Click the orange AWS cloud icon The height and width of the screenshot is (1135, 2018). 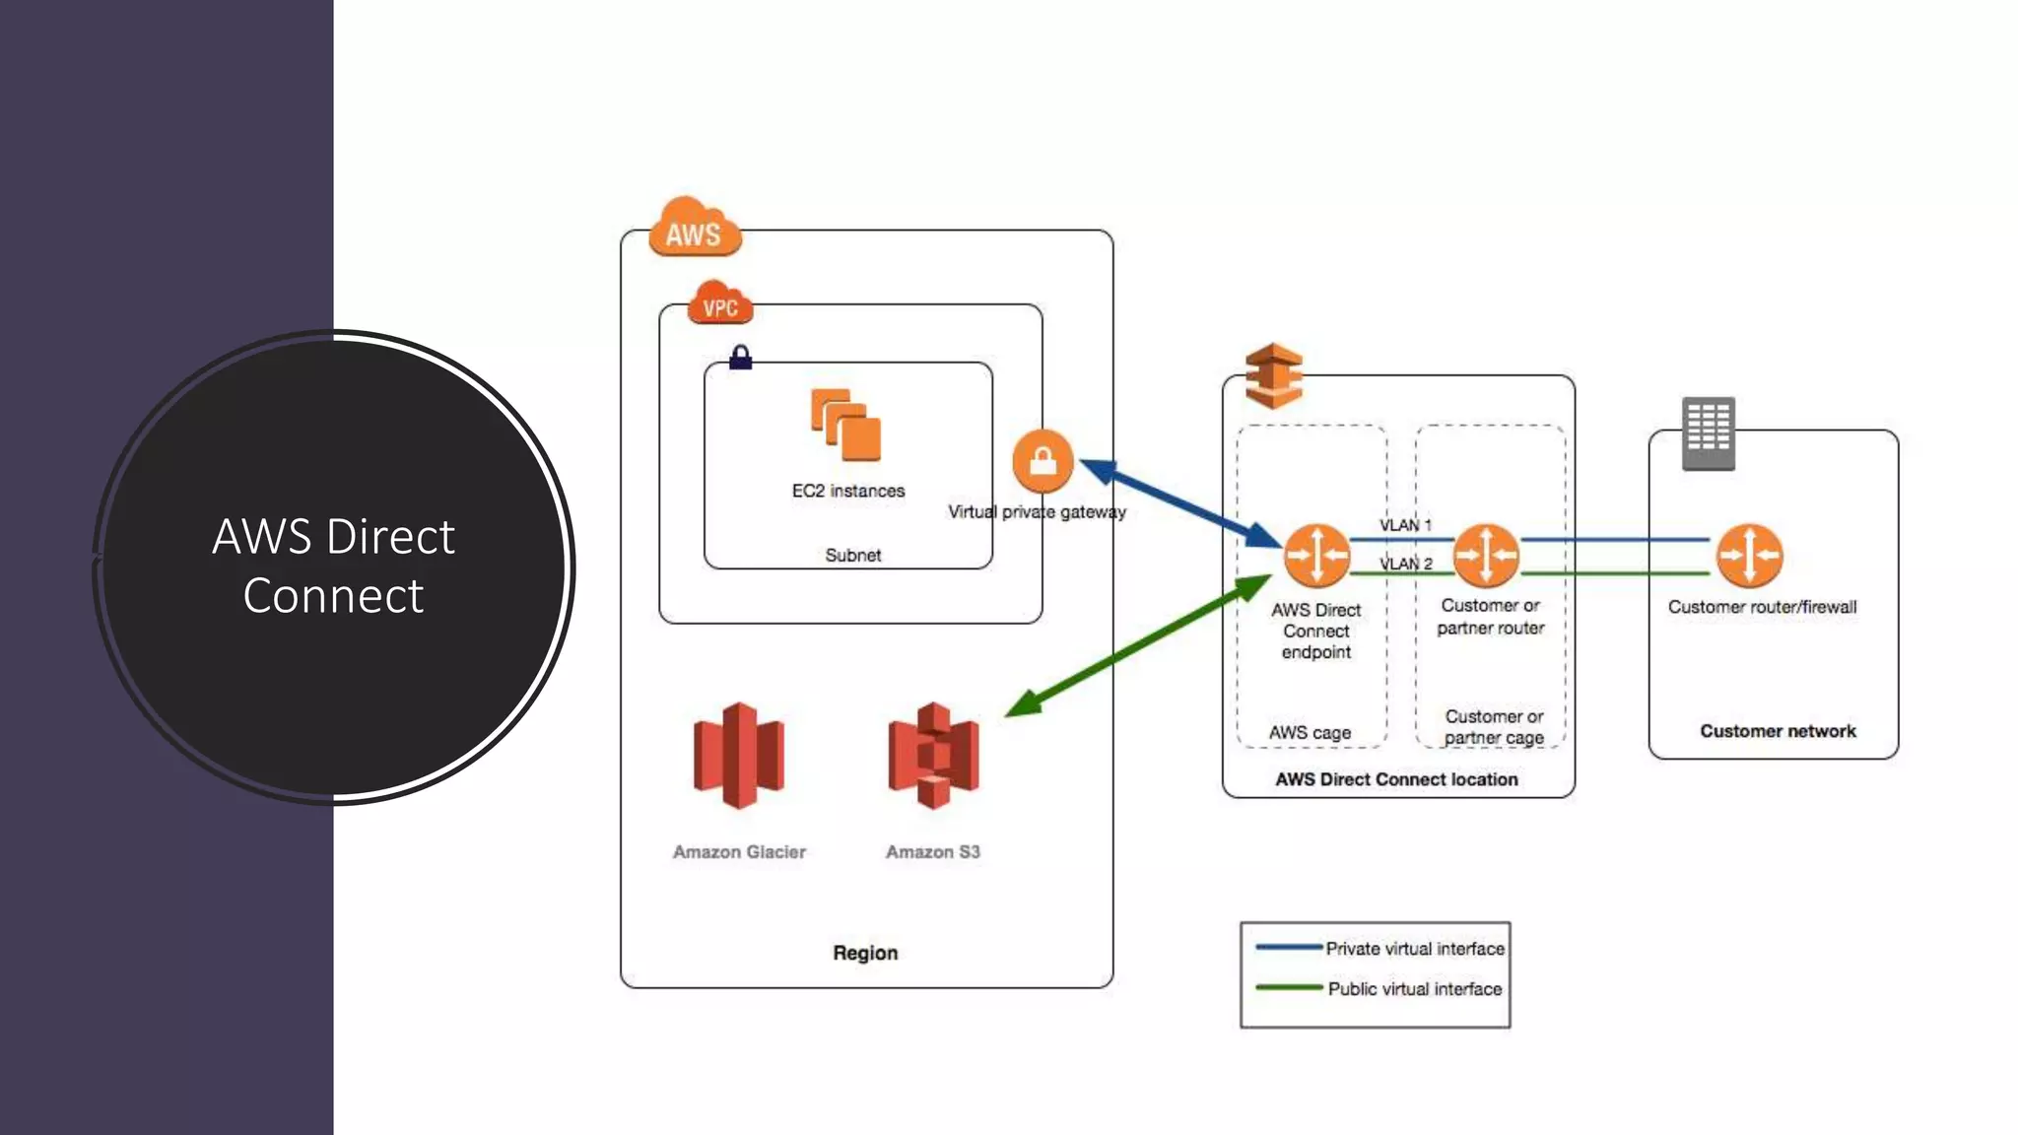694,229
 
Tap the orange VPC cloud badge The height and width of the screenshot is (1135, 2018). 720,304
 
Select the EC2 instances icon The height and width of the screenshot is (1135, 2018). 845,426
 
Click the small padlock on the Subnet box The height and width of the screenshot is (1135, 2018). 741,357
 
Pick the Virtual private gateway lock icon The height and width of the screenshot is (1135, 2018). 1043,460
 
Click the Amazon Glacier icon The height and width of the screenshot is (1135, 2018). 739,756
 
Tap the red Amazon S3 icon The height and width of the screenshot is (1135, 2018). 933,756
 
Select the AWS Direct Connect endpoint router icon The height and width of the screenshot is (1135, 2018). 1316,555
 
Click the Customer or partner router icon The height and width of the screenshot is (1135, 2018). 1486,555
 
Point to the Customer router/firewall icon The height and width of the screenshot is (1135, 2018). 1749,555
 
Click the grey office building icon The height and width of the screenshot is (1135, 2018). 1708,433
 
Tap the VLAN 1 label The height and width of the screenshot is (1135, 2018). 1405,525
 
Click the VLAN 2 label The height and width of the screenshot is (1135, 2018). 1405,564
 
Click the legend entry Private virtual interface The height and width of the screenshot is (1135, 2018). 1414,949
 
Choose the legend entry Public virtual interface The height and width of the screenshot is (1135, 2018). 1414,989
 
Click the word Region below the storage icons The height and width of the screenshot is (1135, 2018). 865,953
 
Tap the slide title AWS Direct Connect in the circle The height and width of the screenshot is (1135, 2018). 333,566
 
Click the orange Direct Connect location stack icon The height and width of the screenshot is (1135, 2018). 1273,375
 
